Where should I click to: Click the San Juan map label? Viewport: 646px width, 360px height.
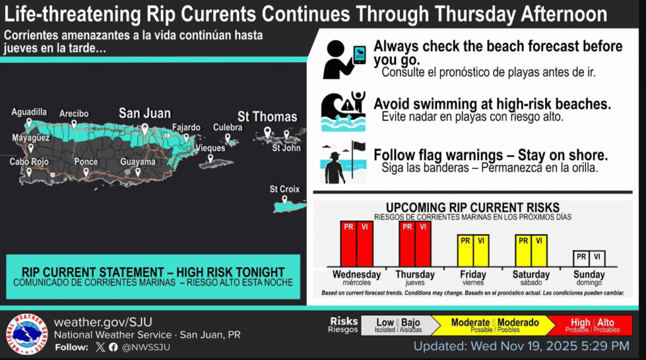point(144,113)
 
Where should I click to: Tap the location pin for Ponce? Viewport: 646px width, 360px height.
point(86,173)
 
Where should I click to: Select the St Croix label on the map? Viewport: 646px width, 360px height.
point(285,189)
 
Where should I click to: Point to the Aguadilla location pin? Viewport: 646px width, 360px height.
point(29,122)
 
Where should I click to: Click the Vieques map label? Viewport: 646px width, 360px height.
point(211,148)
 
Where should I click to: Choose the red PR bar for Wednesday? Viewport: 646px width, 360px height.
point(348,244)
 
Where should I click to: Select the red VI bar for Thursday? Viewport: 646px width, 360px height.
point(423,244)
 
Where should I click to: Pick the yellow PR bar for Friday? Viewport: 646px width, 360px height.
point(465,251)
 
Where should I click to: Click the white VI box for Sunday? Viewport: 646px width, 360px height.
point(597,258)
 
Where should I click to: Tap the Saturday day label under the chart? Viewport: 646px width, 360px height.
point(531,275)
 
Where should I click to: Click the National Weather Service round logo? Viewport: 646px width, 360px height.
point(26,334)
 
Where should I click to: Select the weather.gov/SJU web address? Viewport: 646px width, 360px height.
point(103,322)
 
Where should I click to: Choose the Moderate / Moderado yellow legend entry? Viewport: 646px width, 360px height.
point(495,325)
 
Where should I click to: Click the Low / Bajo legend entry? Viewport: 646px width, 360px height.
point(397,325)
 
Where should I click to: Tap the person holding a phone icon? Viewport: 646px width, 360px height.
point(344,59)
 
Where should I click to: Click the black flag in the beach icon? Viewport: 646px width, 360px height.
point(359,146)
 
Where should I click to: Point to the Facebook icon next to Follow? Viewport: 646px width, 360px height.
point(114,347)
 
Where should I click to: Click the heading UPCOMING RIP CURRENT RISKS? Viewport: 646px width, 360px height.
point(473,207)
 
